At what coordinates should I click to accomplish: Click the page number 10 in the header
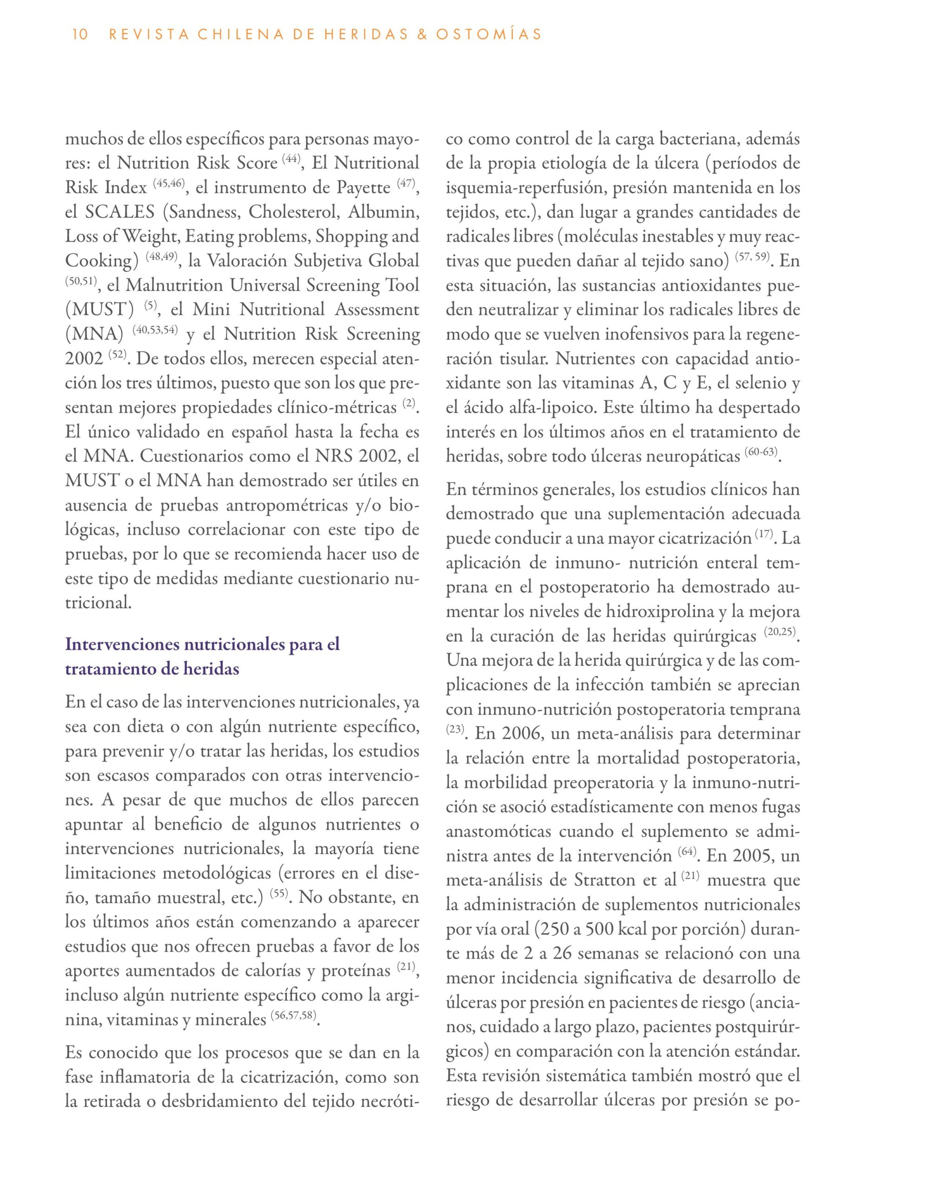click(x=79, y=35)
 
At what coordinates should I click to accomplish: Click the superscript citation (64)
click(x=687, y=852)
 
